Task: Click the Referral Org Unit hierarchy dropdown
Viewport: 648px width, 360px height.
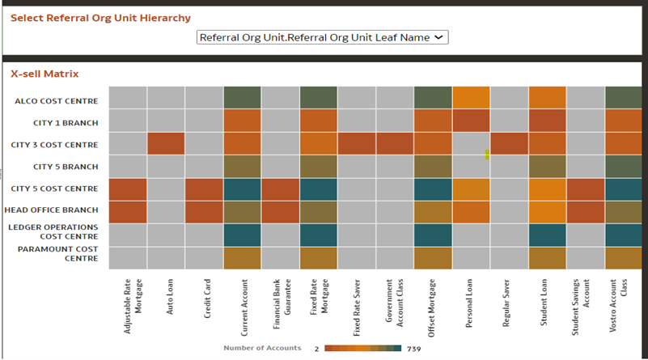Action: click(x=322, y=37)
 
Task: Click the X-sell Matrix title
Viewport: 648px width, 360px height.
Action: click(x=44, y=74)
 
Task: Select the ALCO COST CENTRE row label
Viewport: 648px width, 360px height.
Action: click(x=56, y=101)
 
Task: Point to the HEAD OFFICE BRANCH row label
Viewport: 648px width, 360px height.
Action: click(x=55, y=210)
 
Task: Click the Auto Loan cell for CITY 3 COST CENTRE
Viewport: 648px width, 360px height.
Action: click(x=166, y=144)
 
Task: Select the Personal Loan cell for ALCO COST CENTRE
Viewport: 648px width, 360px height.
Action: click(x=470, y=97)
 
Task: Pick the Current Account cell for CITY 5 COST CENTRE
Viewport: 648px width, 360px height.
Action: click(x=241, y=188)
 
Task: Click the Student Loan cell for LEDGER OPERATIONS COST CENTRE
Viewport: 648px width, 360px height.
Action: click(x=546, y=235)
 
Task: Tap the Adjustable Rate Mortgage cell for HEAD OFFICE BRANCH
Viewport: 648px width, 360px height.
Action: click(x=127, y=211)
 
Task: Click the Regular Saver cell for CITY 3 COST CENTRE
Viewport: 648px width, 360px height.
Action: click(x=508, y=144)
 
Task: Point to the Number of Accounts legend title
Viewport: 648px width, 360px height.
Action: click(x=262, y=348)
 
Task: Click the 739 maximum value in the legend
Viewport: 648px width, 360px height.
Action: click(x=413, y=349)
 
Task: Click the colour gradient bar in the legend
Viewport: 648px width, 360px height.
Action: click(x=362, y=349)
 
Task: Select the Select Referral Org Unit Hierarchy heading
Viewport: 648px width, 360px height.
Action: click(x=100, y=18)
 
